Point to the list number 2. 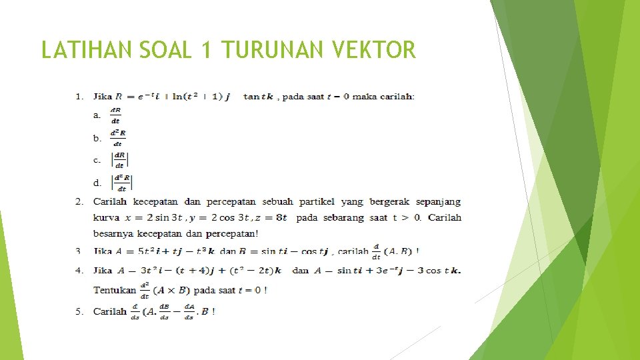pyautogui.click(x=79, y=201)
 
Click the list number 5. pyautogui.click(x=79, y=311)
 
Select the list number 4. pyautogui.click(x=79, y=271)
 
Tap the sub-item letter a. pyautogui.click(x=97, y=115)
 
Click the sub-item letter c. pyautogui.click(x=97, y=160)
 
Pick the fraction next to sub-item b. pyautogui.click(x=118, y=138)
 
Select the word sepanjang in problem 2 pyautogui.click(x=437, y=201)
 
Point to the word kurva pyautogui.click(x=106, y=218)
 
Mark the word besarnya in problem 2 pyautogui.click(x=113, y=233)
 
